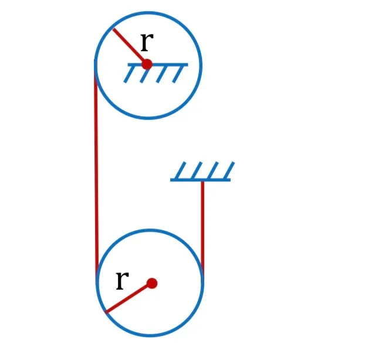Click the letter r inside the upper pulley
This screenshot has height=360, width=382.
(x=147, y=42)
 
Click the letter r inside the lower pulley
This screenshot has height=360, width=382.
(x=123, y=281)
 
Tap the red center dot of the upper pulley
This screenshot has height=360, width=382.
(x=147, y=65)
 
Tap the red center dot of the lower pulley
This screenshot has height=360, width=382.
(x=152, y=283)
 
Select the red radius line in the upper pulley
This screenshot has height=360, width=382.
(x=130, y=46)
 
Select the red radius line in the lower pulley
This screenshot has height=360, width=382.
(x=129, y=298)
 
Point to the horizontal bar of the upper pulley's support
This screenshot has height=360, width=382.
(x=158, y=65)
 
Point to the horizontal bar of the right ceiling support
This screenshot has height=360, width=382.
(x=200, y=180)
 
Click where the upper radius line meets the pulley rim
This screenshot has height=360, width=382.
(x=113, y=29)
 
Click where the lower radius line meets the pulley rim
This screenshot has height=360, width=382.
(x=106, y=312)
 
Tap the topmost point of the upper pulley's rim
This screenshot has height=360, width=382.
(x=148, y=12)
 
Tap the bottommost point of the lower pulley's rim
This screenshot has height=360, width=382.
(x=150, y=336)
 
